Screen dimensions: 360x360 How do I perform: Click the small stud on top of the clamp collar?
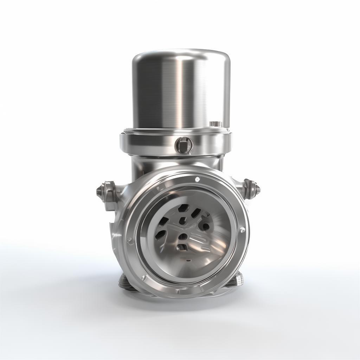(215, 124)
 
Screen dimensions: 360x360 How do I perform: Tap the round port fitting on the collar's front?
(184, 144)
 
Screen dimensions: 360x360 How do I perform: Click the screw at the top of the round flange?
(197, 179)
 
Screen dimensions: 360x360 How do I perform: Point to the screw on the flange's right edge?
(242, 230)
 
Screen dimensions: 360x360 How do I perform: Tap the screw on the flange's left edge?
(129, 240)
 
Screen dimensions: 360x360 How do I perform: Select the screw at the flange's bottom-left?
(143, 278)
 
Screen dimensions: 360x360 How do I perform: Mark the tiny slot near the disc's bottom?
(189, 261)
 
